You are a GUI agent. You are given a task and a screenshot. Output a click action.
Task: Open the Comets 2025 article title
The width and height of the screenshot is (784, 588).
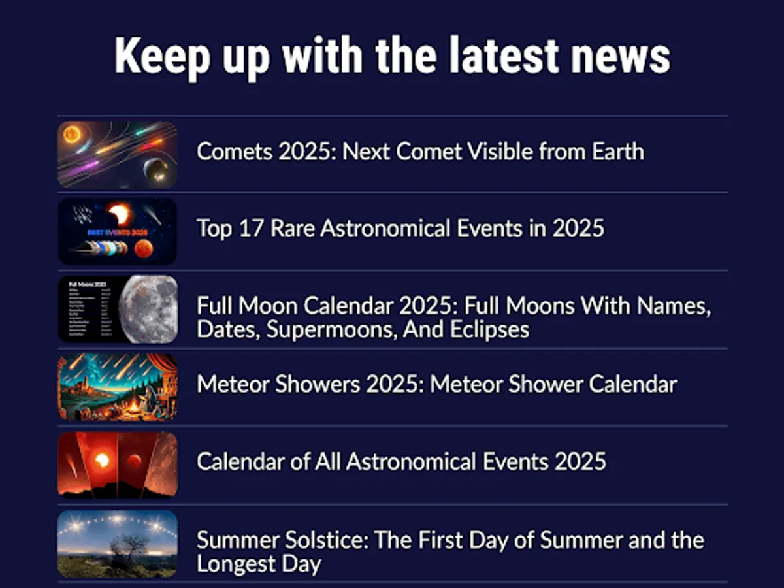pos(420,152)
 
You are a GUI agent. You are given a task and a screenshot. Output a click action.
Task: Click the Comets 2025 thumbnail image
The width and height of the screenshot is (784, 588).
pos(118,155)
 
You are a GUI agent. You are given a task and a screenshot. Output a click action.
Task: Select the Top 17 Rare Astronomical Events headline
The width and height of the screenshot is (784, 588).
pos(400,229)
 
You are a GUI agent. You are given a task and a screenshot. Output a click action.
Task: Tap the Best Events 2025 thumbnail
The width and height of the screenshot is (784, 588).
pos(118,232)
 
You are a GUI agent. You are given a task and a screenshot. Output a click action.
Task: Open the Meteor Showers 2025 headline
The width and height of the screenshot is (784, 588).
pos(436,384)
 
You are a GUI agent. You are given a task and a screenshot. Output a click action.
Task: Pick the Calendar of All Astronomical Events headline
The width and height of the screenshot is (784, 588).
pos(401,462)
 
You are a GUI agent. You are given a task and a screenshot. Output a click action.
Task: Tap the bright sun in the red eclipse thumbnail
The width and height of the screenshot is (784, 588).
pos(102,460)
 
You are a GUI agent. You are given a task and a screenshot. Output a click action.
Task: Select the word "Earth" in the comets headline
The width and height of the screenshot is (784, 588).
pos(617,152)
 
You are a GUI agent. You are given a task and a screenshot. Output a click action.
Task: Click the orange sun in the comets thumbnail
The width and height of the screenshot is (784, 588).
pos(71,135)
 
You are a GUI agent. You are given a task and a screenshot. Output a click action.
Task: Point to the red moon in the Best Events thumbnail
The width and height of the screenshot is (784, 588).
pos(142,249)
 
